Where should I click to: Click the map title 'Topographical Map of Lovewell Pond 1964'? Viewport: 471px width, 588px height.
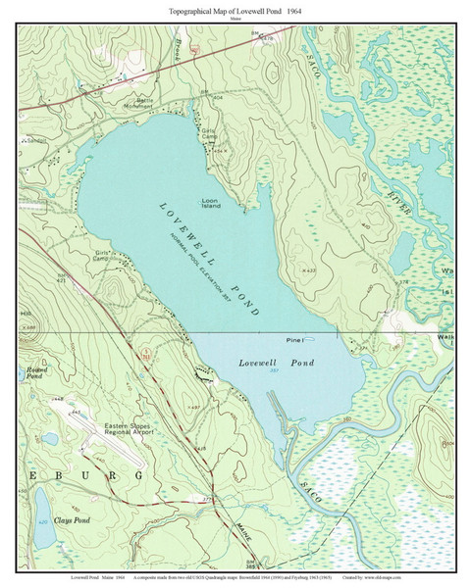235,8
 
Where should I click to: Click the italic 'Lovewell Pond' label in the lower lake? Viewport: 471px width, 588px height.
277,363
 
